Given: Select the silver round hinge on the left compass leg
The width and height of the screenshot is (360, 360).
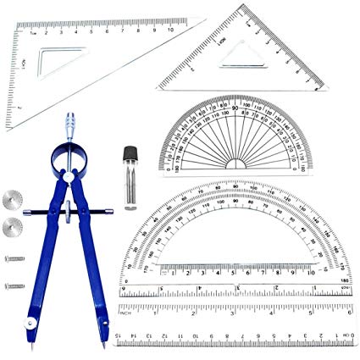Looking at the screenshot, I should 31,323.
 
